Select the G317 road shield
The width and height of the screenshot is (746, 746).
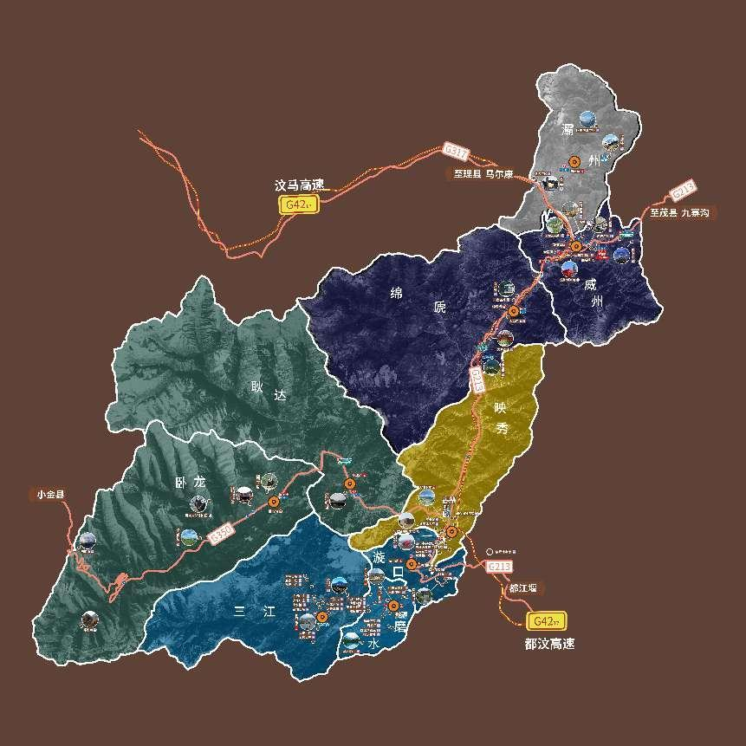tap(456, 151)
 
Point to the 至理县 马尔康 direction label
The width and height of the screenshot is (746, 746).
tap(482, 174)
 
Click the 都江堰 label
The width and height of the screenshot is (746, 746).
tap(522, 588)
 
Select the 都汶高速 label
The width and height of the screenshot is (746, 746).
tap(549, 644)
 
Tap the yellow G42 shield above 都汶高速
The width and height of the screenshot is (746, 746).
tap(548, 622)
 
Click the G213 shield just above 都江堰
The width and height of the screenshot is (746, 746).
tap(500, 567)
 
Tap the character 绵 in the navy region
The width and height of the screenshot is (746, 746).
tap(396, 292)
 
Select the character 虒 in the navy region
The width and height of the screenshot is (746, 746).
tap(441, 308)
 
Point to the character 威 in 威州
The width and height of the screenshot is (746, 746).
tap(590, 283)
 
